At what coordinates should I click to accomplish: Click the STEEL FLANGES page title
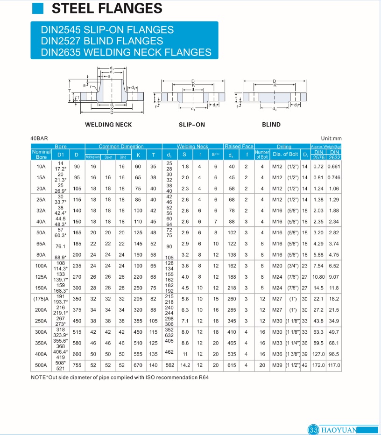click(x=106, y=8)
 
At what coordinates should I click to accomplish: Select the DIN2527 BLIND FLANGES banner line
click(x=102, y=41)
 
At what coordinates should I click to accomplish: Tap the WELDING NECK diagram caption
click(x=108, y=125)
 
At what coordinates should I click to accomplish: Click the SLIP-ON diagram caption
click(x=192, y=125)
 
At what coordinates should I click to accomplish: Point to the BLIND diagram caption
click(x=271, y=125)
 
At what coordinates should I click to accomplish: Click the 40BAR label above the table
click(x=39, y=139)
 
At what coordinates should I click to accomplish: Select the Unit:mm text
click(x=331, y=139)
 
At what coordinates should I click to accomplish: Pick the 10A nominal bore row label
click(x=41, y=167)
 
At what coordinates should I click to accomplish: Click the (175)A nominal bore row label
click(x=41, y=299)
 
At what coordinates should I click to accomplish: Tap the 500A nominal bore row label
click(x=41, y=365)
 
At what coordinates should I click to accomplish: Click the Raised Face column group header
click(x=239, y=147)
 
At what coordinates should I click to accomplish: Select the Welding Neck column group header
click(x=192, y=147)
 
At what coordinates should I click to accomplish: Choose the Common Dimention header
click(x=121, y=147)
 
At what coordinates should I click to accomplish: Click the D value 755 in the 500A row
click(x=77, y=365)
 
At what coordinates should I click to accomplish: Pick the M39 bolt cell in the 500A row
click(x=277, y=365)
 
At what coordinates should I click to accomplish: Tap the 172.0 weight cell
click(x=318, y=365)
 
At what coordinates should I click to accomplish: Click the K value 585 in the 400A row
click(x=138, y=354)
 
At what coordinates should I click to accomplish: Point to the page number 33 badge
click(x=313, y=429)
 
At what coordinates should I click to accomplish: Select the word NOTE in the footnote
click(x=39, y=377)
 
